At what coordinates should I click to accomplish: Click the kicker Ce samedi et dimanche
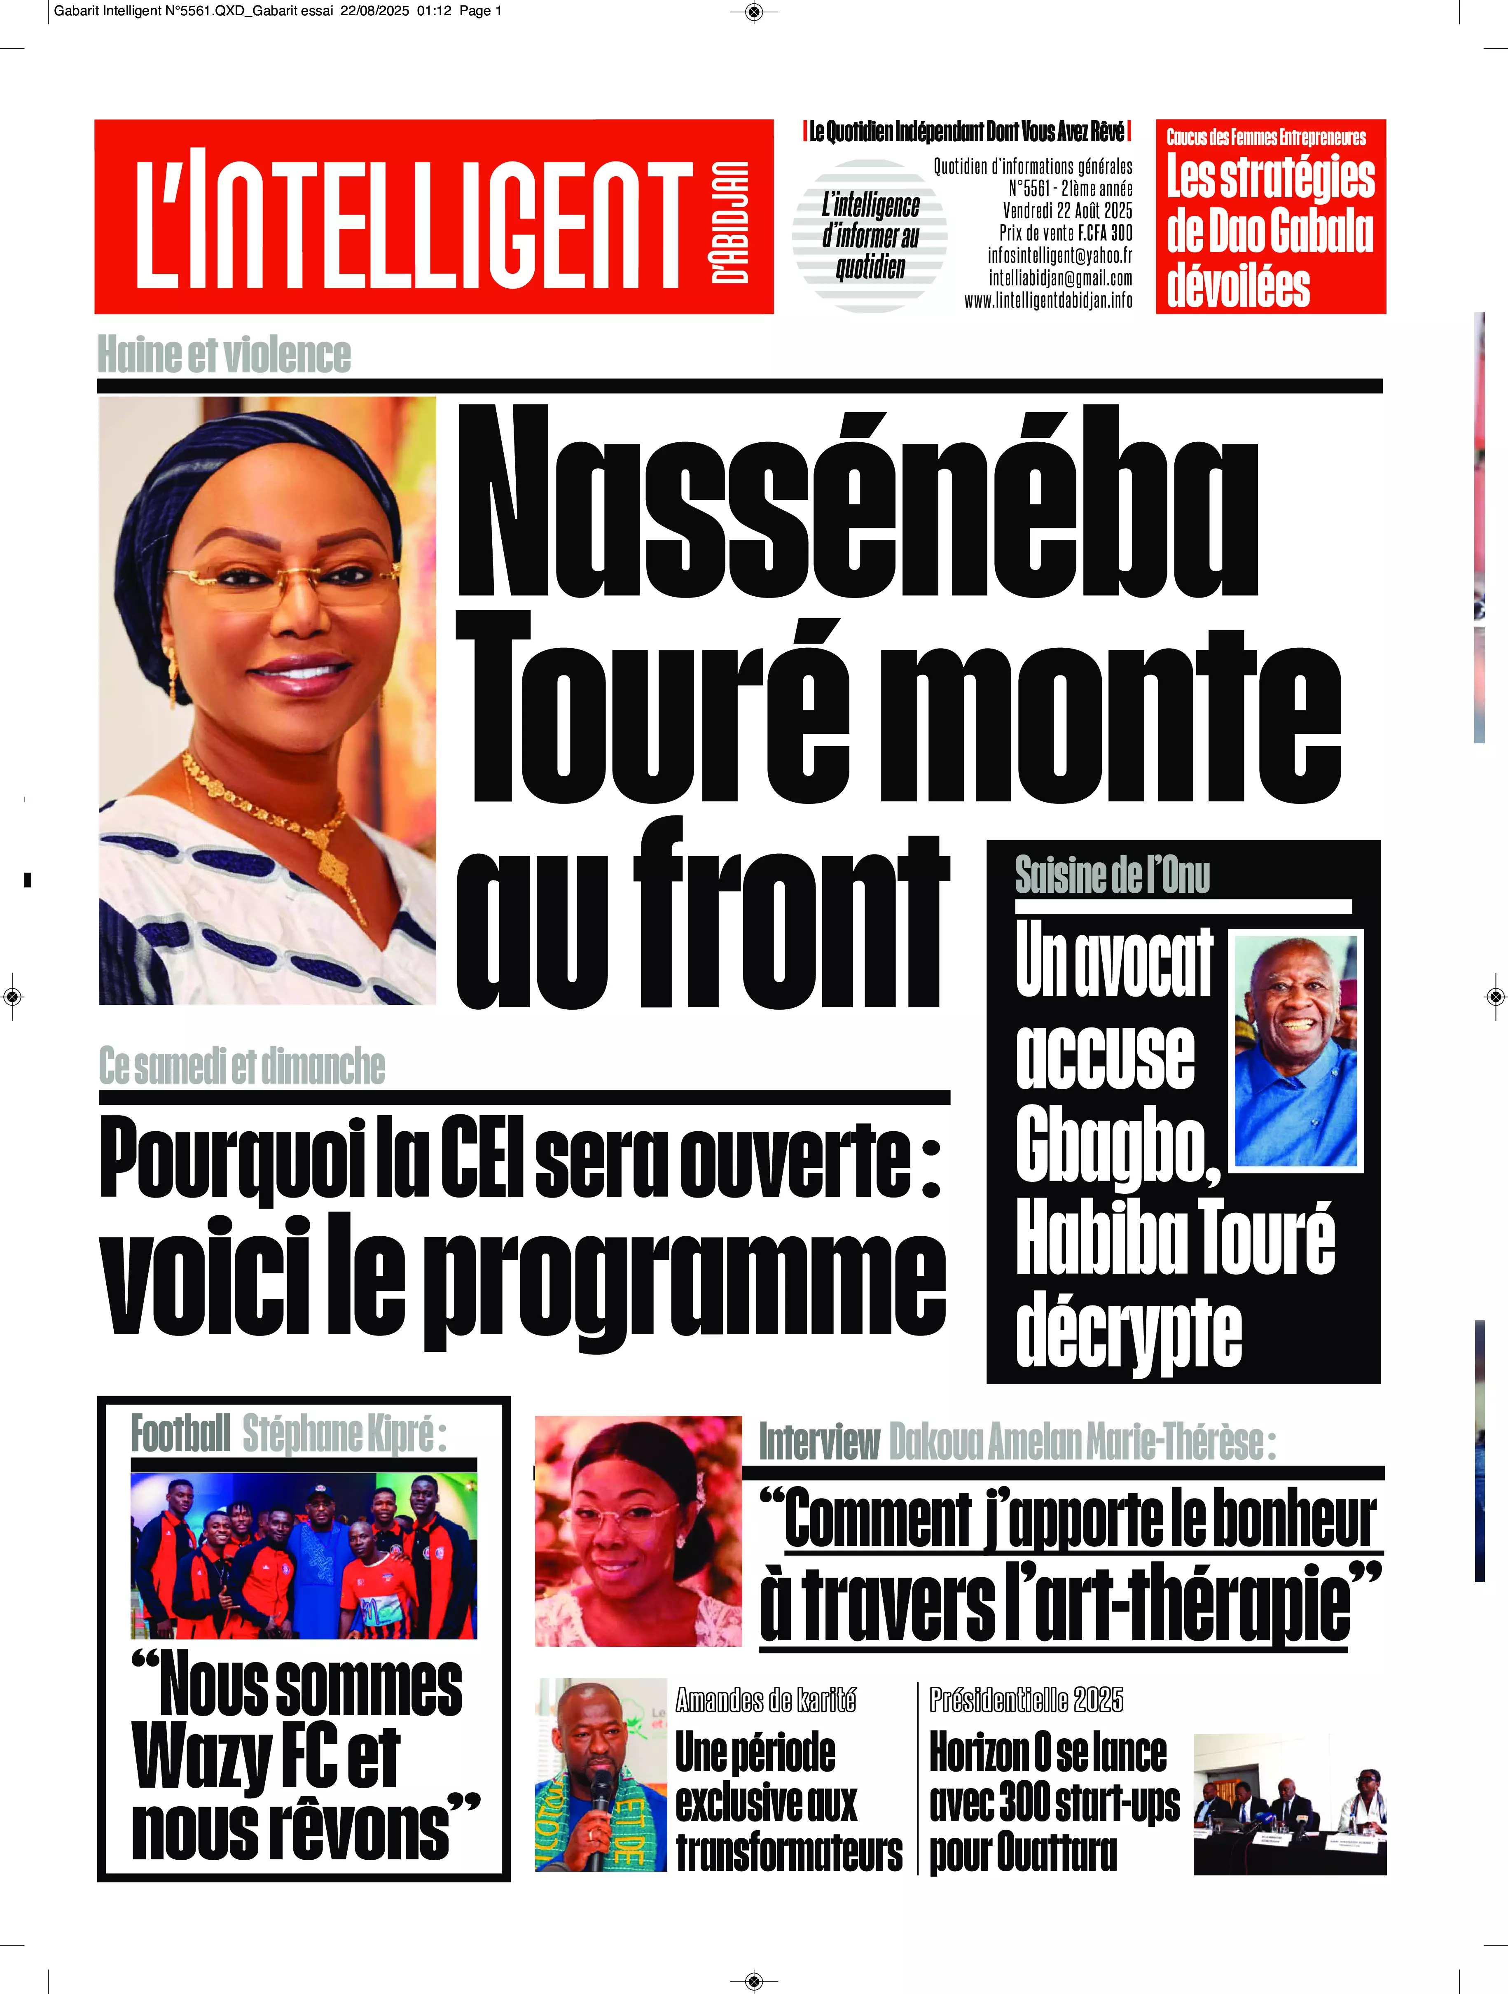pos(242,1067)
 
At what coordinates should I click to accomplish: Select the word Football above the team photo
pos(180,1433)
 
